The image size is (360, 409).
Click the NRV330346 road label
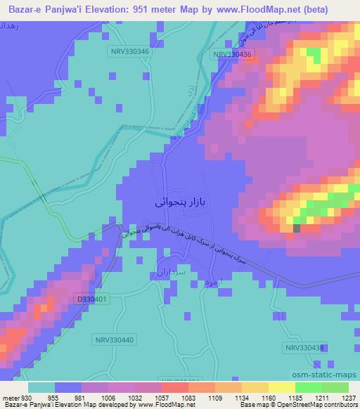[x=128, y=51]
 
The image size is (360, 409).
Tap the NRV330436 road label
[x=233, y=54]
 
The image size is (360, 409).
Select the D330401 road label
[x=92, y=299]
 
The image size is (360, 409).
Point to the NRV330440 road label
[x=112, y=339]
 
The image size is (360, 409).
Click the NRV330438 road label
[x=304, y=348]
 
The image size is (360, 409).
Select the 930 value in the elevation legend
[x=26, y=398]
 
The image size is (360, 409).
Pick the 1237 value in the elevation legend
[x=347, y=398]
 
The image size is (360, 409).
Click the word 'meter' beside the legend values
[x=10, y=398]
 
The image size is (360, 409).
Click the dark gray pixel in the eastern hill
[x=296, y=228]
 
